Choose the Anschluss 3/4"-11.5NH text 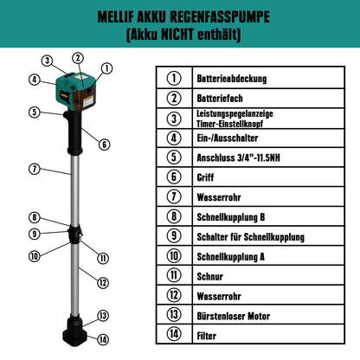click(x=238, y=157)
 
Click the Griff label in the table click(x=205, y=177)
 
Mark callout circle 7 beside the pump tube click(x=34, y=168)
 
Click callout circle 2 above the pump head click(x=77, y=58)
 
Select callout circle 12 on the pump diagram click(x=102, y=282)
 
